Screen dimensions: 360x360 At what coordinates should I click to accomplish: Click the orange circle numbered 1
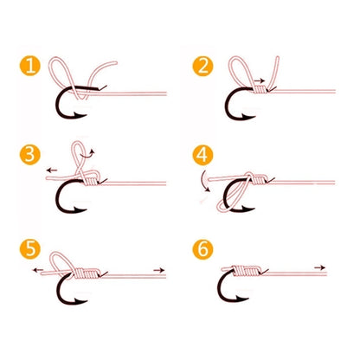pos(30,66)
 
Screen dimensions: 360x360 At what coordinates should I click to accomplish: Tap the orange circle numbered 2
pos(202,66)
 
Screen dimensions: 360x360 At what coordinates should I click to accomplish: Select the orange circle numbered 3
pos(30,155)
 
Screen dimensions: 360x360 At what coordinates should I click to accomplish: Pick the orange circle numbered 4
pos(202,156)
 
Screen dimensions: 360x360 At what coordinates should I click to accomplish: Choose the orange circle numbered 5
pos(30,248)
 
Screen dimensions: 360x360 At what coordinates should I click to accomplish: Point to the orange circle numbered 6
pos(202,248)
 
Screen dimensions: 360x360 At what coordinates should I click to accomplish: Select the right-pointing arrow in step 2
pos(260,80)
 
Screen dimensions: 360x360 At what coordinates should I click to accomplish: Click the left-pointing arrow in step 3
pos(52,170)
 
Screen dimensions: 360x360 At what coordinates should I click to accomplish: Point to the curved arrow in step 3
pos(88,153)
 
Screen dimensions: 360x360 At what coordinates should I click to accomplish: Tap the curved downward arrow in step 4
pos(205,181)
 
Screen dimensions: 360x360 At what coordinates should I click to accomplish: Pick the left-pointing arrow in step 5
pos(38,270)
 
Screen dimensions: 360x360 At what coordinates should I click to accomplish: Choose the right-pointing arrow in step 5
pos(159,270)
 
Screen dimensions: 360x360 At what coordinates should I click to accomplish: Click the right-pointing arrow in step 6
pos(319,267)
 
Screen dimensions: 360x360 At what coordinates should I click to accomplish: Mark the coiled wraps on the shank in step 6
pos(247,271)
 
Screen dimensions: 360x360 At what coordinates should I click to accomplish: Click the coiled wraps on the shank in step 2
pos(260,90)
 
